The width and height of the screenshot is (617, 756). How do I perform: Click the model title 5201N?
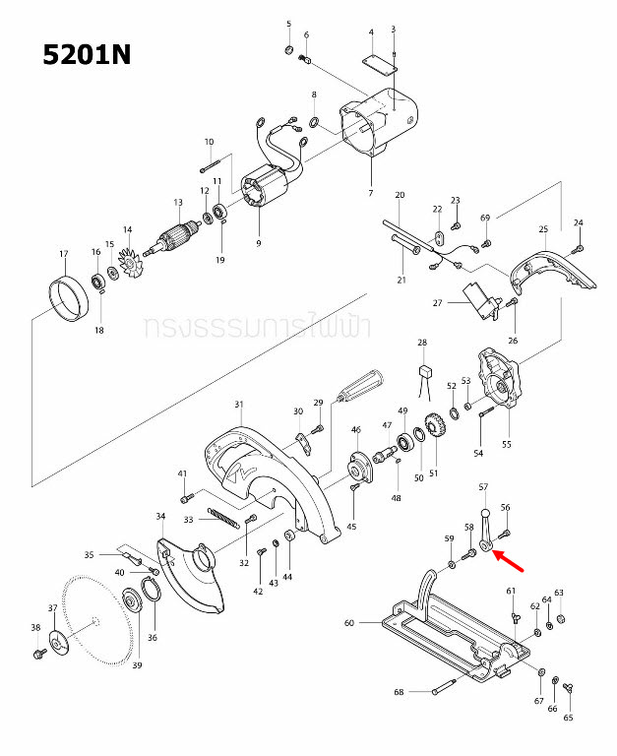tap(87, 53)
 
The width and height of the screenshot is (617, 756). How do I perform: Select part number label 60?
tap(348, 623)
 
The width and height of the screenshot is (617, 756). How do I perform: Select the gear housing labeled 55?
tap(499, 383)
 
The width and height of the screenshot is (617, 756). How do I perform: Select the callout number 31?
tap(238, 405)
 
